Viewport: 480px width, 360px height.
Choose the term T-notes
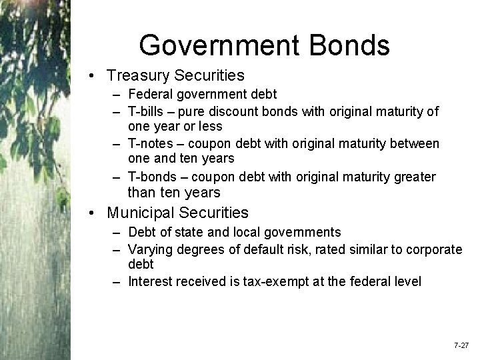148,144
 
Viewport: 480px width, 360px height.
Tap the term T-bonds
150,177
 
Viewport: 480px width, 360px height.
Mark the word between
417,144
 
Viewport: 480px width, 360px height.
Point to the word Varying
150,249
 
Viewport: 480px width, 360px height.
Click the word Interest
149,281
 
